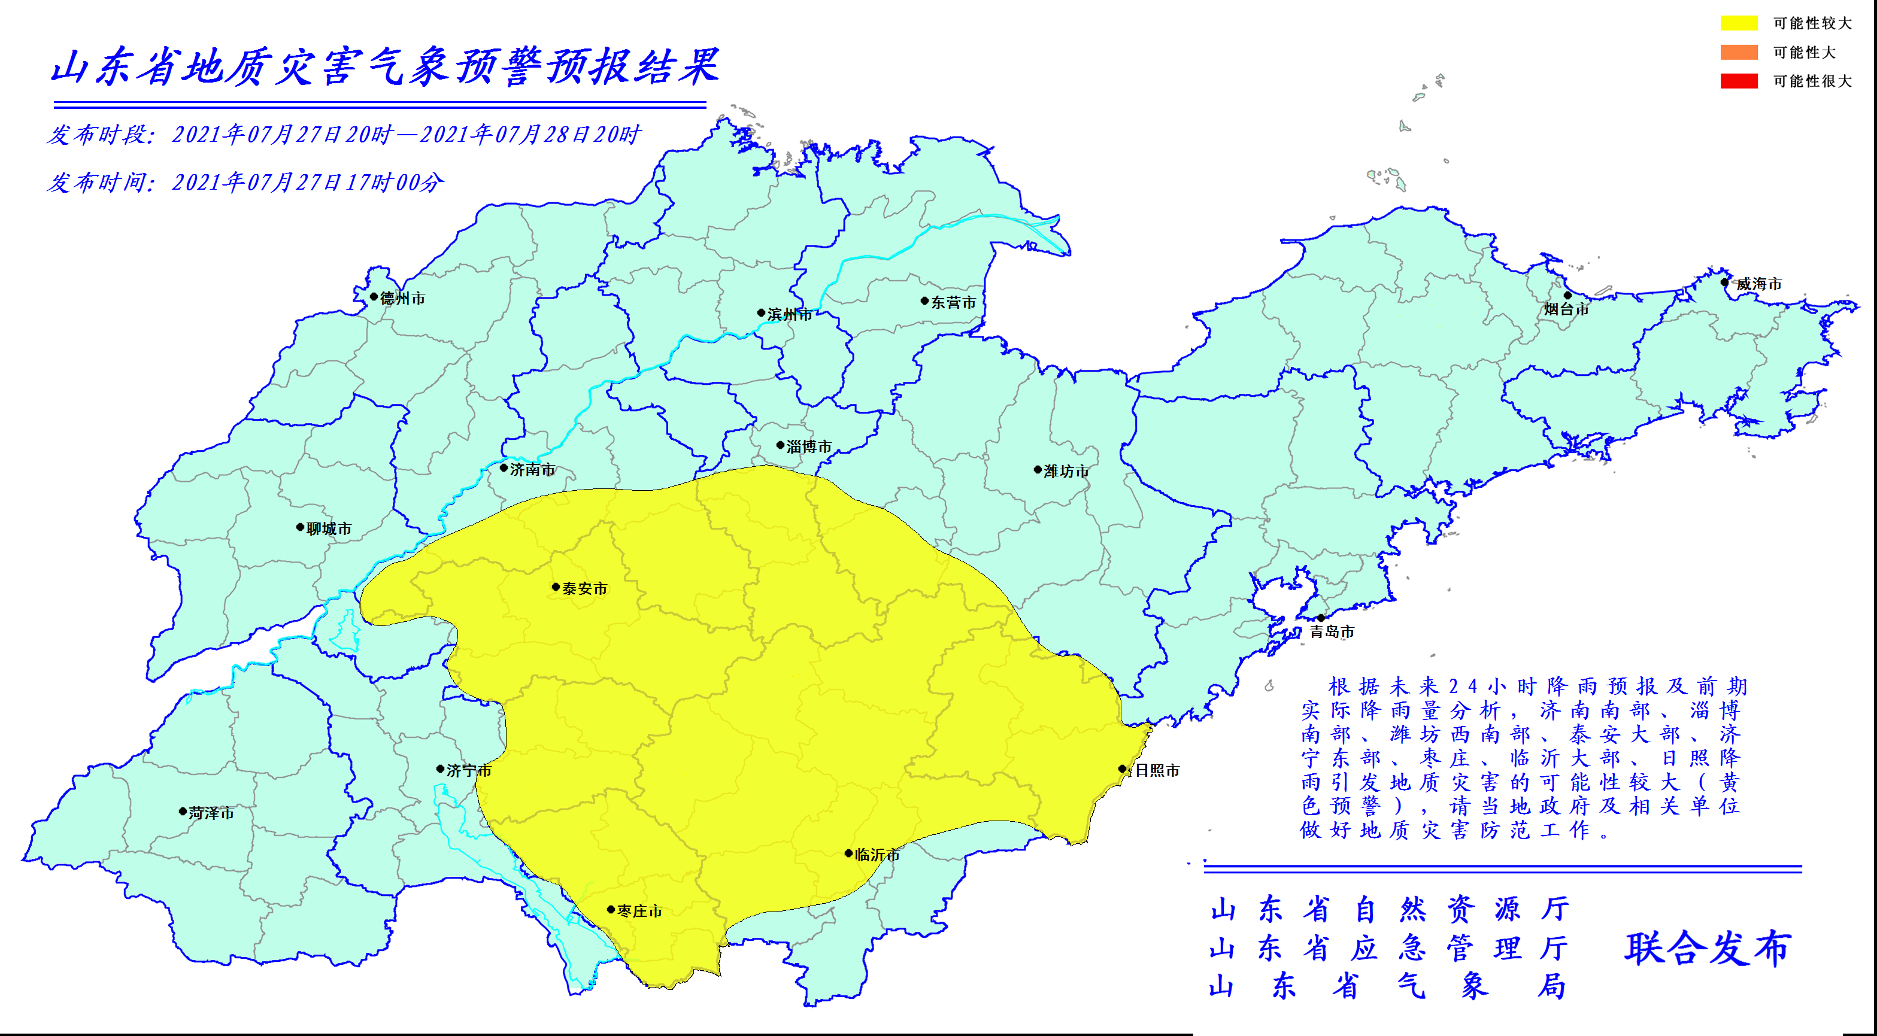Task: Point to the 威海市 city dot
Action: point(1725,282)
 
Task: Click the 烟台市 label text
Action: point(1567,309)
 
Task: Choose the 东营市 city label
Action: point(953,302)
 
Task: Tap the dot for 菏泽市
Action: point(183,811)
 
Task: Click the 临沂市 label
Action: point(877,855)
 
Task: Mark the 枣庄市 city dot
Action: point(611,909)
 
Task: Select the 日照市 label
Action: point(1157,770)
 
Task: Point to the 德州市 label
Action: point(402,298)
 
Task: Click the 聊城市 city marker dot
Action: point(299,527)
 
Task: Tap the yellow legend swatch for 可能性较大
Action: point(1739,23)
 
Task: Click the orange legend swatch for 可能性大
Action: point(1739,51)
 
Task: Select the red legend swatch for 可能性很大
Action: point(1739,81)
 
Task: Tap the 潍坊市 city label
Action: point(1066,472)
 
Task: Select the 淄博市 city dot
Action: point(780,445)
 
